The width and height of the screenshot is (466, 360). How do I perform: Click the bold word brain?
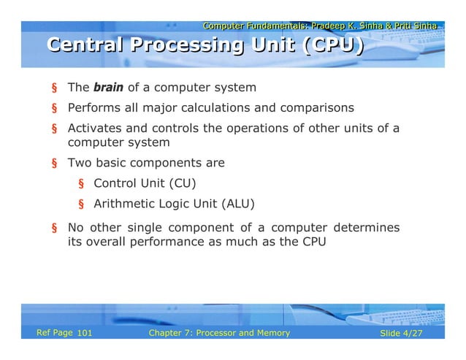pyautogui.click(x=108, y=88)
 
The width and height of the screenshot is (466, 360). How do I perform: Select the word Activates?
pyautogui.click(x=93, y=129)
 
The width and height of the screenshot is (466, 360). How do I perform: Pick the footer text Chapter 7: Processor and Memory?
pyautogui.click(x=218, y=334)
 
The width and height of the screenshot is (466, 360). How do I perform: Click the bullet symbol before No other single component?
pyautogui.click(x=54, y=228)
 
